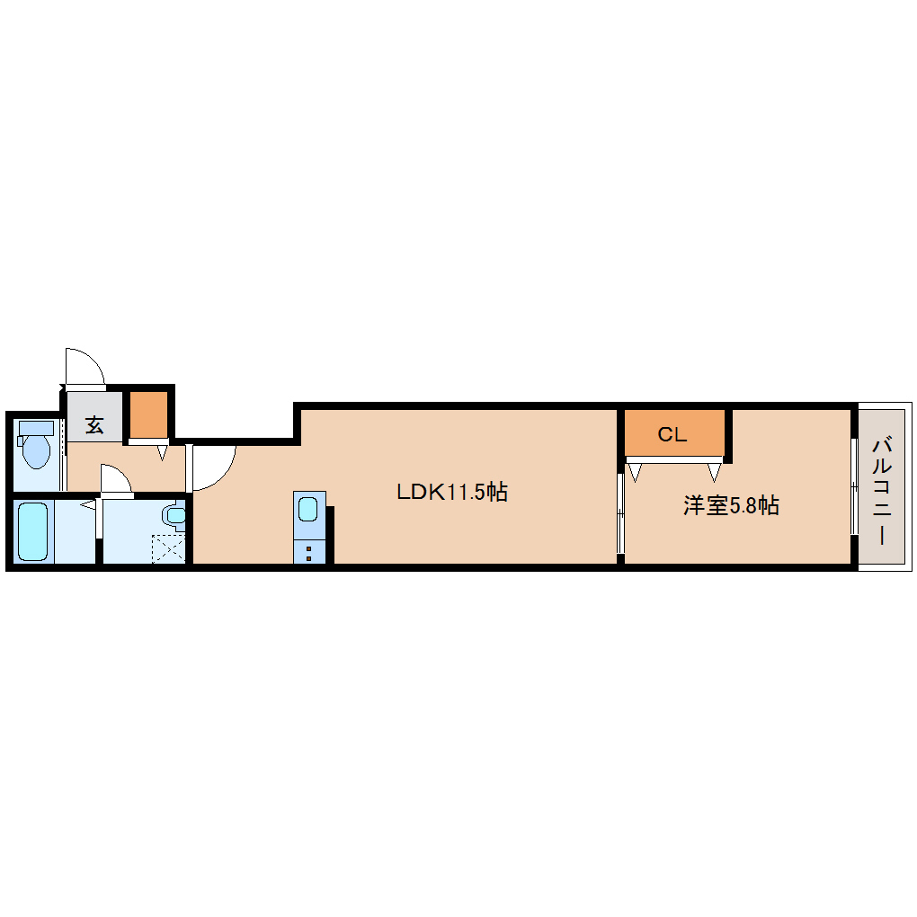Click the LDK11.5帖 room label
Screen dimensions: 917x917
click(x=452, y=492)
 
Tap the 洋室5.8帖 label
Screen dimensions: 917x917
click(x=731, y=505)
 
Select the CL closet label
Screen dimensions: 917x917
click(x=672, y=434)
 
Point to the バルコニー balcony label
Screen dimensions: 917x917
click(x=882, y=490)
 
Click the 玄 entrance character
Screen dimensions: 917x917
click(x=94, y=424)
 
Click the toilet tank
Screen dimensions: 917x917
click(x=36, y=428)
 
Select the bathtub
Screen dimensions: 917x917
click(x=32, y=531)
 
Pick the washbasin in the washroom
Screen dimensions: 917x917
click(x=175, y=516)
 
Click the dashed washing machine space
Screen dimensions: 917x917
click(x=168, y=549)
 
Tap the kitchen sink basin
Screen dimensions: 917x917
click(x=308, y=508)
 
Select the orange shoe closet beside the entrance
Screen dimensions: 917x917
click(x=148, y=414)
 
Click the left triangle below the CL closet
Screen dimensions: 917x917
click(x=635, y=472)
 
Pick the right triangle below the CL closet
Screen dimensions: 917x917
click(x=714, y=472)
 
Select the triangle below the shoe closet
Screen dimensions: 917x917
click(x=163, y=452)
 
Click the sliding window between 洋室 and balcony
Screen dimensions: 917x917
click(x=854, y=486)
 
